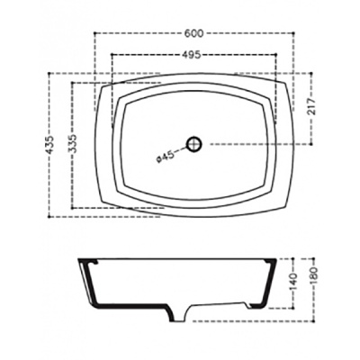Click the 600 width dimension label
(190, 33)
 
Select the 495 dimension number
(189, 55)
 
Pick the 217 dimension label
(312, 109)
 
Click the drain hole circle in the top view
(194, 143)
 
